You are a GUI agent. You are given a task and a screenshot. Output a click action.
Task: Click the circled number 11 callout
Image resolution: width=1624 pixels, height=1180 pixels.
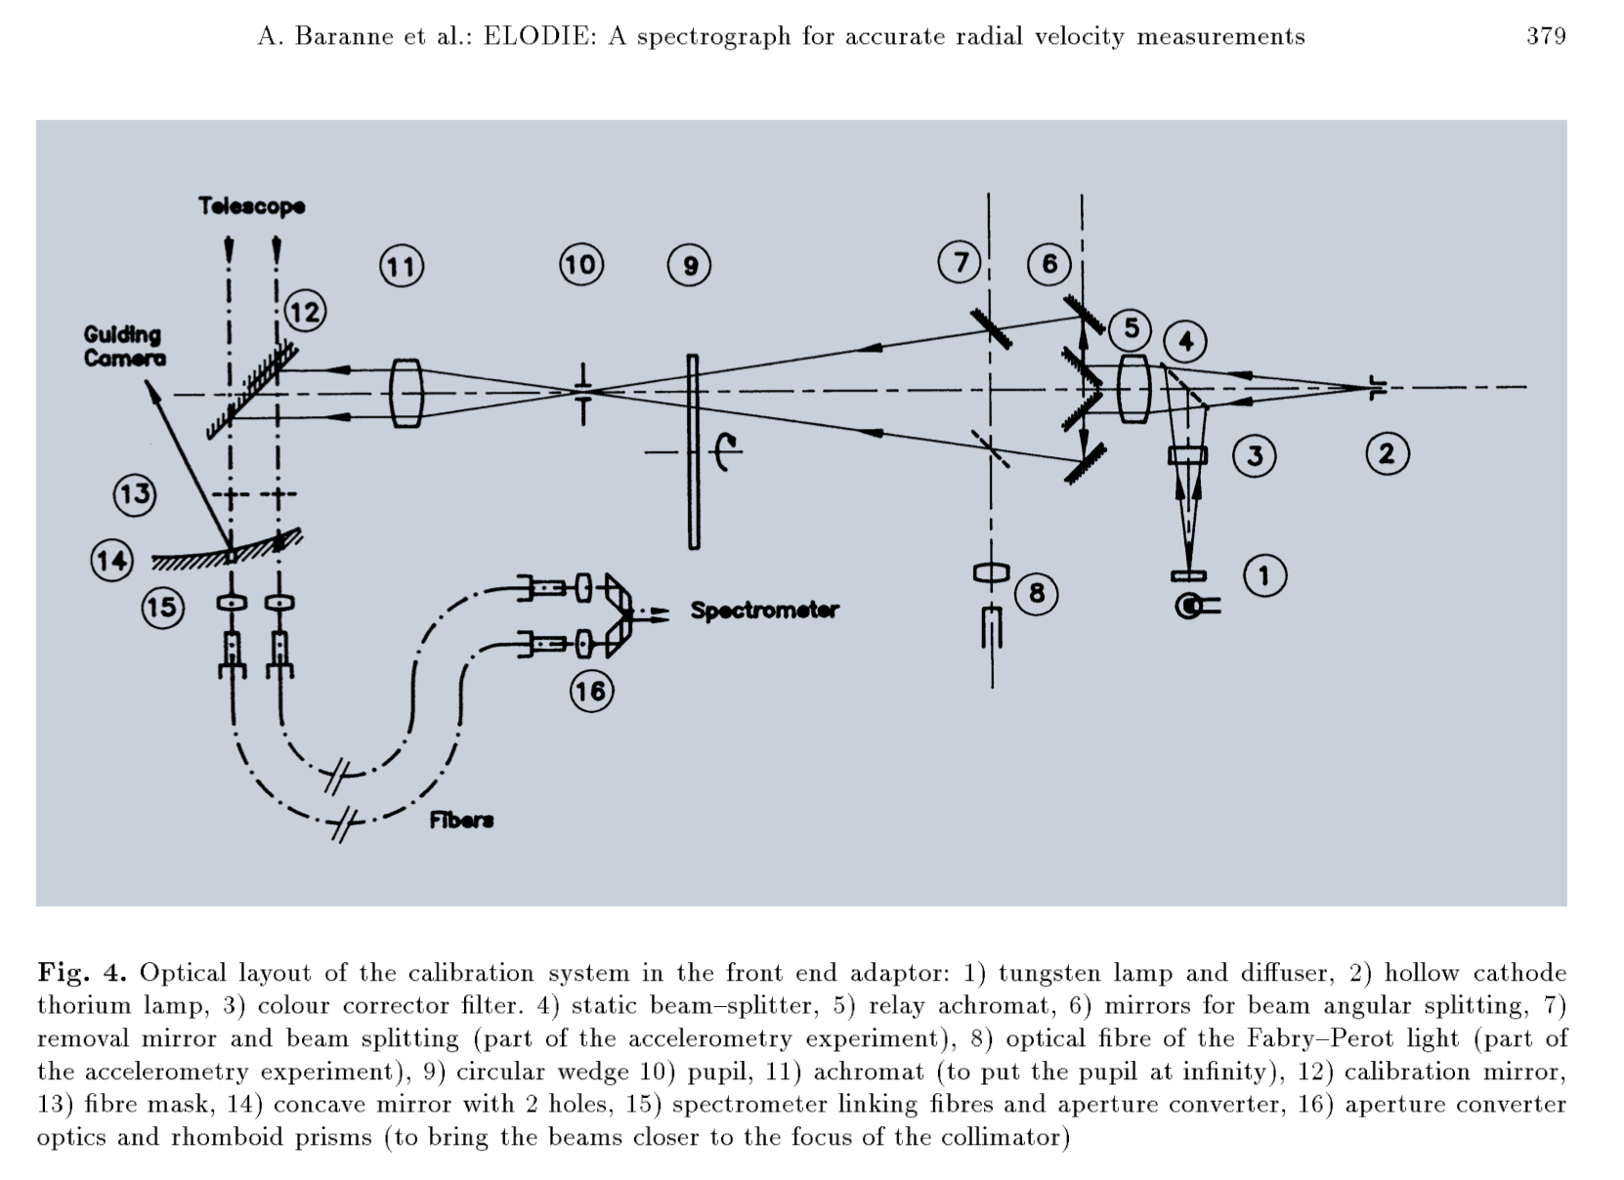tap(401, 266)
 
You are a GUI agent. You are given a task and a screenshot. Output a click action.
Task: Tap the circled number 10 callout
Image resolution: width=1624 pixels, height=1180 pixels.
tap(580, 265)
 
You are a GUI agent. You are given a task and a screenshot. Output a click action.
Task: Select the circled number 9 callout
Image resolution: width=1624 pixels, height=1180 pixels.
tap(689, 266)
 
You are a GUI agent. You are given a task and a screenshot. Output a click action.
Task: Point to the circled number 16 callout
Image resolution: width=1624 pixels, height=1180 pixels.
tap(590, 692)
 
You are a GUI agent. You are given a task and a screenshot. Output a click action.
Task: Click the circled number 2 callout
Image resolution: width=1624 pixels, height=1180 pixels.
tap(1387, 454)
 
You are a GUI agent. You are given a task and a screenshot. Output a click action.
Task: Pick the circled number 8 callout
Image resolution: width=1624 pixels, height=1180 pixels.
tap(1036, 593)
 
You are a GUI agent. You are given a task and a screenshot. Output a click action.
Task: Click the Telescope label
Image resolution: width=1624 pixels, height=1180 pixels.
tap(251, 206)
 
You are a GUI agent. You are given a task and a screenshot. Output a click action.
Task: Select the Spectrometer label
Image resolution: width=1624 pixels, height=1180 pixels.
tap(764, 611)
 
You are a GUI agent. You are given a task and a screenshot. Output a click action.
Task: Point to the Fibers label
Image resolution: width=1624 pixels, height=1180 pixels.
tap(461, 820)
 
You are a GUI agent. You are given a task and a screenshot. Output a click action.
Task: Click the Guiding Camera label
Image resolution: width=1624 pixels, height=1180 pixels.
tap(124, 347)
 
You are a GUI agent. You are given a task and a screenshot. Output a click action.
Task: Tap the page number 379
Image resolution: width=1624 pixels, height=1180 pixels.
tap(1546, 37)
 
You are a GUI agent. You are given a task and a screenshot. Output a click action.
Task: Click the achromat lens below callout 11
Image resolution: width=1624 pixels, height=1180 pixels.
tap(406, 393)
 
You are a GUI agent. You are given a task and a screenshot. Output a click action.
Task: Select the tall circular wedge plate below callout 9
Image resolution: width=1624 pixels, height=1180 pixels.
tap(693, 451)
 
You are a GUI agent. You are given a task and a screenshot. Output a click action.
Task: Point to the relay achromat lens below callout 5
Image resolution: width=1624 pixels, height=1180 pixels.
tap(1133, 388)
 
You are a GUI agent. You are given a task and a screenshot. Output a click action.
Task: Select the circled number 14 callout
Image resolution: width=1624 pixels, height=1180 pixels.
tap(111, 561)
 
